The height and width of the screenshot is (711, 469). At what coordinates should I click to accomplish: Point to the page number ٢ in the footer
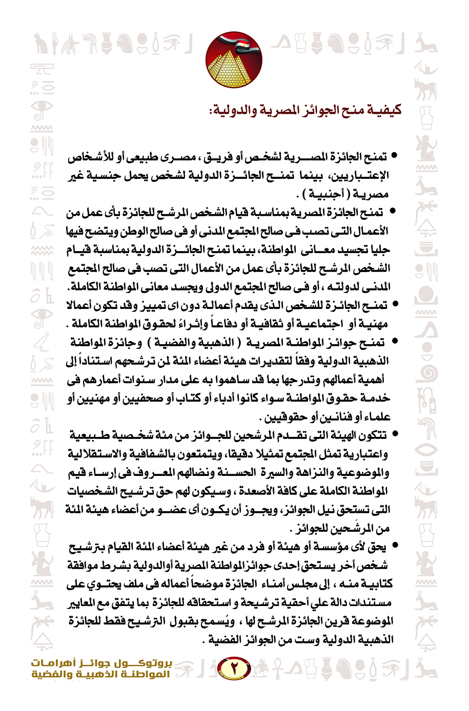[x=234, y=668]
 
